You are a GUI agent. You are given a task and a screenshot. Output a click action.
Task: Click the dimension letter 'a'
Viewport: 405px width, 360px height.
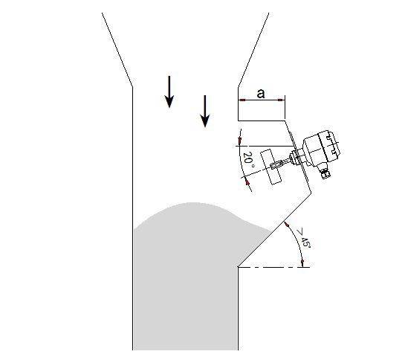click(x=261, y=94)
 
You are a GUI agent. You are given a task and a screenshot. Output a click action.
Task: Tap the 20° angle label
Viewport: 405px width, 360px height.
click(x=248, y=158)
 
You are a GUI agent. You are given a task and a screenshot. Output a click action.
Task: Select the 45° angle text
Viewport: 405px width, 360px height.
click(x=305, y=242)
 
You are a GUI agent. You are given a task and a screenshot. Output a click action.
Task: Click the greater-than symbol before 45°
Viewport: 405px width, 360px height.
click(x=300, y=232)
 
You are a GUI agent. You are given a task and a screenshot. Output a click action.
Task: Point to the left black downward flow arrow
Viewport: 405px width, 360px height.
click(x=169, y=91)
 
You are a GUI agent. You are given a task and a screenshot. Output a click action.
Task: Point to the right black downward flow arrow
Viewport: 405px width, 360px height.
click(x=205, y=112)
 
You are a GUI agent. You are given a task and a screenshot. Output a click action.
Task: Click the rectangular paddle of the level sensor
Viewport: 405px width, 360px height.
click(x=271, y=167)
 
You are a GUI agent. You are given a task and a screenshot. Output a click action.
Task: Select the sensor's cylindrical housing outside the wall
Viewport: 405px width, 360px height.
click(x=321, y=148)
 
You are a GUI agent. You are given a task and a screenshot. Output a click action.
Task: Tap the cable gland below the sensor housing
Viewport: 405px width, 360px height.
click(x=325, y=173)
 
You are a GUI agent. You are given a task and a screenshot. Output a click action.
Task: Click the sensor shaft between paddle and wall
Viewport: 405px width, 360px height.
click(x=283, y=162)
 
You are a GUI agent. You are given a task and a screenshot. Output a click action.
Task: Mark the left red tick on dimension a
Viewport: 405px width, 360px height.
click(x=242, y=100)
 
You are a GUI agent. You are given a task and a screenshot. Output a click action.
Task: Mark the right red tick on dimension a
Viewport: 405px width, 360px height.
click(x=280, y=100)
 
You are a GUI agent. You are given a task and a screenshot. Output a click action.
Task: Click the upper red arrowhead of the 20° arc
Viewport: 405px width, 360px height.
click(x=240, y=141)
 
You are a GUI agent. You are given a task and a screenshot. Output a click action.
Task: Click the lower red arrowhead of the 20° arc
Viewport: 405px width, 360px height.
click(x=247, y=182)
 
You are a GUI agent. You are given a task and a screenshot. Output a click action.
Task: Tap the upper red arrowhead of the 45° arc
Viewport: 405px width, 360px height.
click(x=286, y=225)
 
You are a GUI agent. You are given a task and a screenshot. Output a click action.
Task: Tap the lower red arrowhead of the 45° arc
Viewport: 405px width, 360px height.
click(x=302, y=263)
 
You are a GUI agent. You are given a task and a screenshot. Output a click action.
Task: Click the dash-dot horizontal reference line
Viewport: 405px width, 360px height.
click(x=273, y=267)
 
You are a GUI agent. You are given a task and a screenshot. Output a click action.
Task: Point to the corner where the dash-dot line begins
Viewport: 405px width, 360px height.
click(x=238, y=267)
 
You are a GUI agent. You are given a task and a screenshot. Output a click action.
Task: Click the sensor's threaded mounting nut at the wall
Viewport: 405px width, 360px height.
click(x=294, y=157)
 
